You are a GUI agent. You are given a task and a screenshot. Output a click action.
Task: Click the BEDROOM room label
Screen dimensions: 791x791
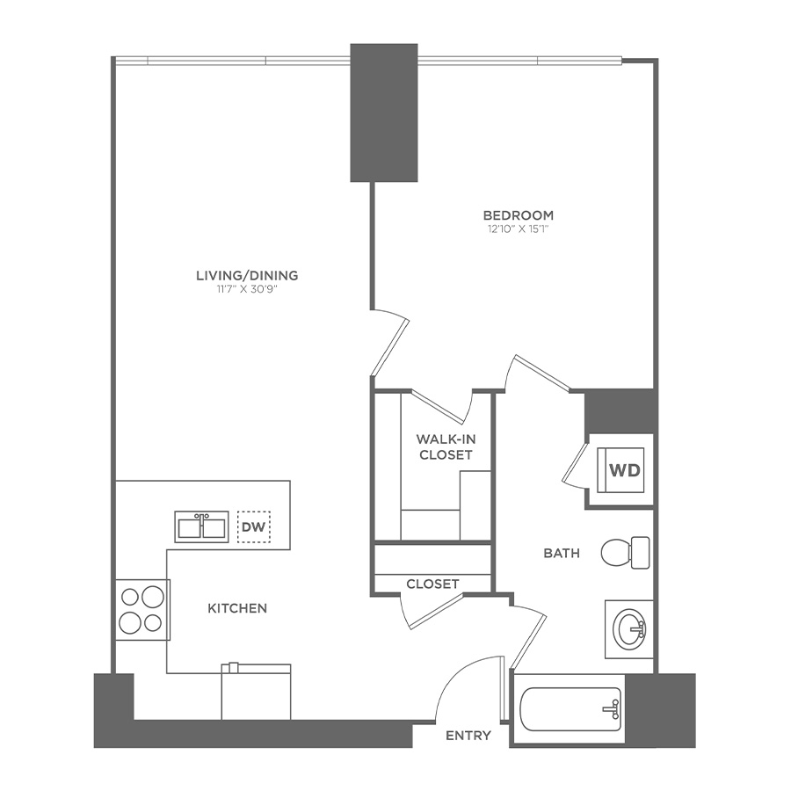[518, 215]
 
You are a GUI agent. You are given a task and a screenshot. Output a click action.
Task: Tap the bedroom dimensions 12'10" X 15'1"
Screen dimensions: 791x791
[518, 229]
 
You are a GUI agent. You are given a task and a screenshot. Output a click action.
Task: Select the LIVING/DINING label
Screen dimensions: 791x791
[247, 275]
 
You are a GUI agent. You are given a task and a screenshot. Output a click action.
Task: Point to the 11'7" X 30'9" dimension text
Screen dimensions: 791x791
[247, 289]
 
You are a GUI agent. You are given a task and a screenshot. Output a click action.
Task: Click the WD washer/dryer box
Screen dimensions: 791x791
[625, 469]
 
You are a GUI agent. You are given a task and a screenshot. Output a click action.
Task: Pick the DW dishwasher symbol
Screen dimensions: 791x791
[253, 527]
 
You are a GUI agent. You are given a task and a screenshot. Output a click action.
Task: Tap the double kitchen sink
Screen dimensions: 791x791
[202, 527]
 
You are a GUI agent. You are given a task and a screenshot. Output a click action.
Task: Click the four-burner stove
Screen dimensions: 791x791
[142, 610]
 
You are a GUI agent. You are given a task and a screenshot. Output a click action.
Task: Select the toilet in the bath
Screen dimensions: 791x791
[625, 552]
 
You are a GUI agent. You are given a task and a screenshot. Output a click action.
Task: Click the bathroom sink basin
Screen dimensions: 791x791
[629, 628]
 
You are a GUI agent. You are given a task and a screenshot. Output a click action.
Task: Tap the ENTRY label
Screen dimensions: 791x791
[468, 736]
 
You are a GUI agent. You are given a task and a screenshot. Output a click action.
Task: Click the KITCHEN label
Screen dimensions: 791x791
[237, 608]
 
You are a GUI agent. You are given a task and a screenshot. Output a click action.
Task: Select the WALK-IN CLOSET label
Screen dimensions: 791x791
[445, 446]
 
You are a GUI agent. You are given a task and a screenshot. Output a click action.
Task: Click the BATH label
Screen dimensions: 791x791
[561, 553]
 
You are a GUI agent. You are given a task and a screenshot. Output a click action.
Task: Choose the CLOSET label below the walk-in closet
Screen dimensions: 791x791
[432, 584]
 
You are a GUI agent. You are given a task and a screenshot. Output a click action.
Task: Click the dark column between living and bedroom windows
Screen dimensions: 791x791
[384, 112]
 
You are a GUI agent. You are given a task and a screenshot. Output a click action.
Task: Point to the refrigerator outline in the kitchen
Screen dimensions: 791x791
[256, 693]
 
